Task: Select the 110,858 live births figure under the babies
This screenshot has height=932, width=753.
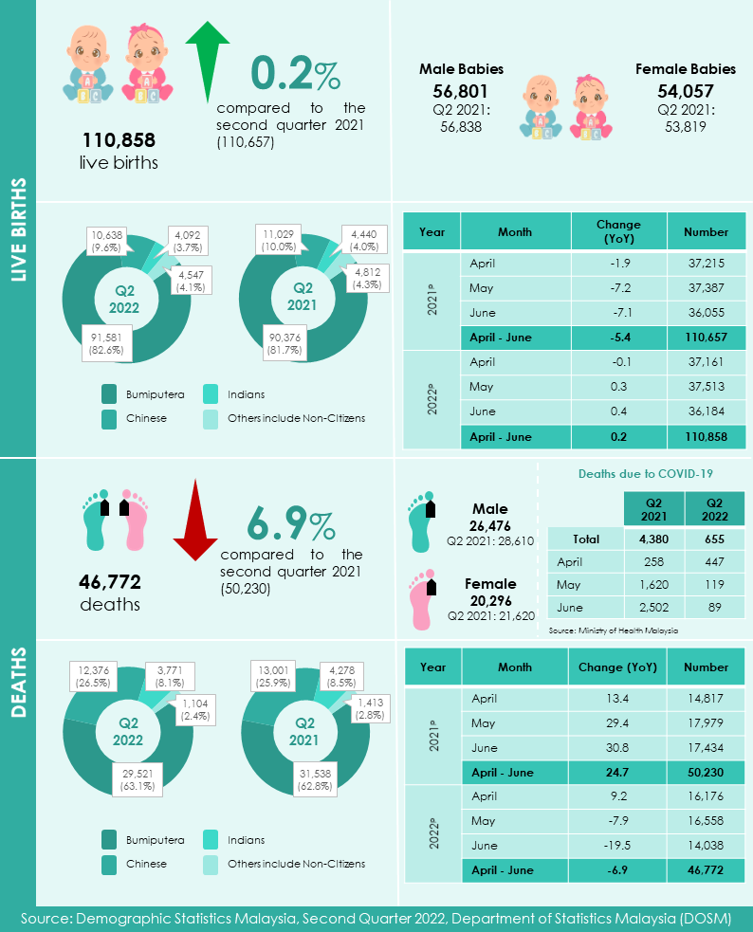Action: (x=119, y=140)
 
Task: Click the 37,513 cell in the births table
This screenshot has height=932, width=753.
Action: (x=706, y=387)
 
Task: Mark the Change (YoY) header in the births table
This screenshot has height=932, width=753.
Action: (x=618, y=231)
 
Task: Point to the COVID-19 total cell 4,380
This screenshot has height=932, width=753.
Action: (x=653, y=539)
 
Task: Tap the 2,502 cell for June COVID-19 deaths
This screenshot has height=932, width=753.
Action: (x=653, y=607)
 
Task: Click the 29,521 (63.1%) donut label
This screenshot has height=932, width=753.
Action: (x=140, y=780)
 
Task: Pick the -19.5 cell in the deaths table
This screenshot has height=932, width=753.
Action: (x=618, y=846)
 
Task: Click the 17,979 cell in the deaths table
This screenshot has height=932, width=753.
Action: (x=706, y=724)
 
